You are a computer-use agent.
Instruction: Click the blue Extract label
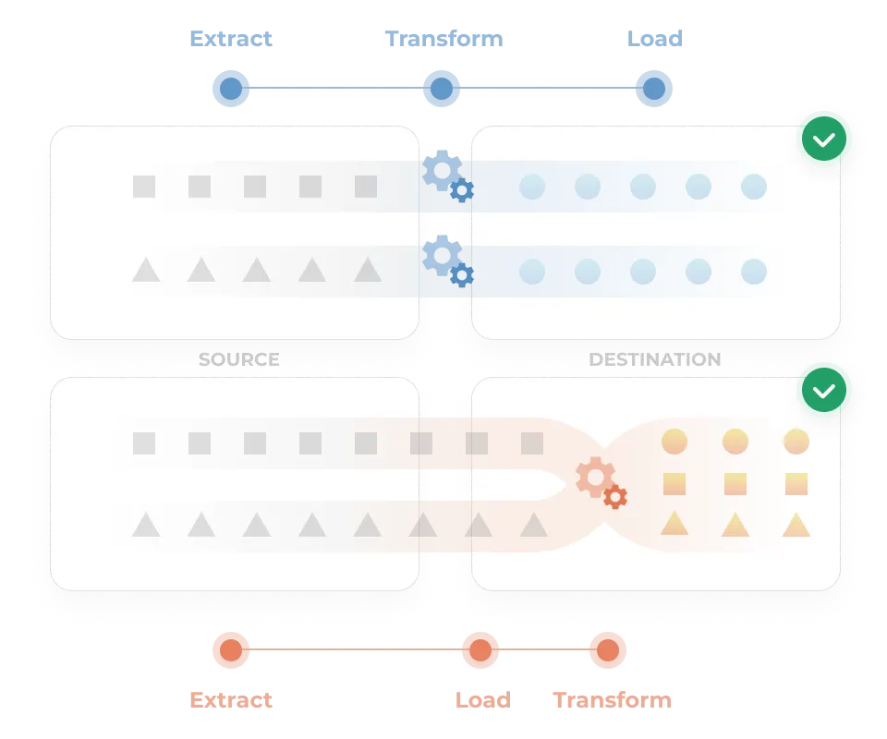[230, 40]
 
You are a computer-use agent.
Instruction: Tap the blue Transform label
[443, 40]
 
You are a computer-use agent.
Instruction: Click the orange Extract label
[230, 699]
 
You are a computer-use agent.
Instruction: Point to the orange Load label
[481, 699]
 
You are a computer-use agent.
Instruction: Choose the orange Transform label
[612, 699]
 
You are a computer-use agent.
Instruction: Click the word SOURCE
[238, 359]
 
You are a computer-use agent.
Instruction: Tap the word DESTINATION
[654, 359]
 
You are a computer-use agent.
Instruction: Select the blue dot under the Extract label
[230, 89]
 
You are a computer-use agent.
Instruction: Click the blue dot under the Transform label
[442, 89]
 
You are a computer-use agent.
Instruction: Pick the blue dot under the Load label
[654, 89]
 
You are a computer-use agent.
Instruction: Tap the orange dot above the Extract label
[230, 650]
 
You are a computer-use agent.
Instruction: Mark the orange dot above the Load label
[479, 650]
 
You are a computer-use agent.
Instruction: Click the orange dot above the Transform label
[607, 650]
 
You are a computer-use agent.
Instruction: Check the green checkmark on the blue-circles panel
[826, 140]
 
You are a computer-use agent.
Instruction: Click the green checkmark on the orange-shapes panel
[826, 392]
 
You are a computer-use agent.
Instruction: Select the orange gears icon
[601, 483]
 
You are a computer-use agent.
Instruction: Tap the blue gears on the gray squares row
[448, 177]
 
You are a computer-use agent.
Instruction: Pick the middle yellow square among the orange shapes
[735, 483]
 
